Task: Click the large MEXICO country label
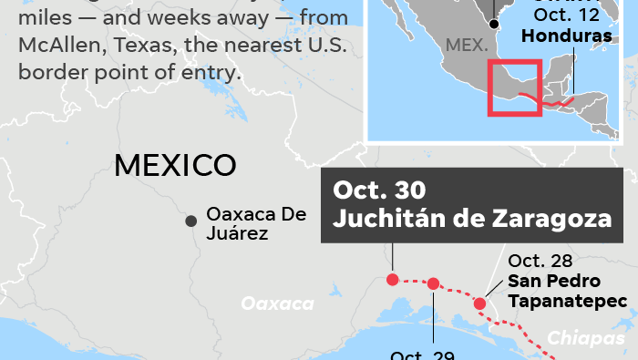click(175, 165)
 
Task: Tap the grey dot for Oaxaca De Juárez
click(191, 221)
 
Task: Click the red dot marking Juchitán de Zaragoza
click(392, 279)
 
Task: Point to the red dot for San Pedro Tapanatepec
click(480, 303)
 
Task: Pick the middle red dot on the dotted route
click(433, 283)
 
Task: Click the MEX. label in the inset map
click(467, 45)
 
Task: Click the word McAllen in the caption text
click(57, 46)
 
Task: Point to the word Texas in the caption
click(139, 46)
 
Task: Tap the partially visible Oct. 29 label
click(420, 355)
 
